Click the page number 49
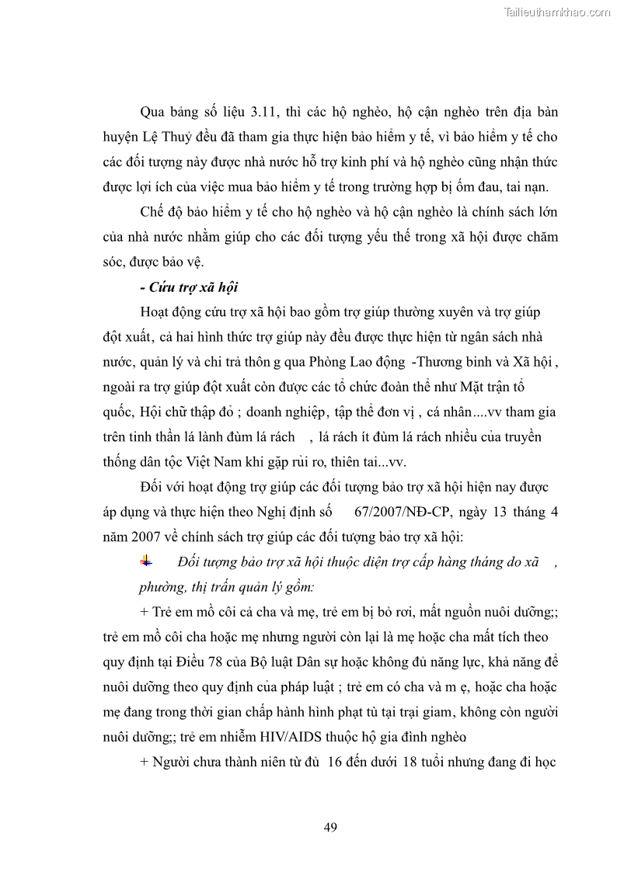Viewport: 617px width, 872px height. point(330,827)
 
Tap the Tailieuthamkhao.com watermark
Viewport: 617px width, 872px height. point(558,12)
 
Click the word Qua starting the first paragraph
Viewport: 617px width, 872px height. point(155,112)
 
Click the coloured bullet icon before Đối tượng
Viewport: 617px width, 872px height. point(147,561)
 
